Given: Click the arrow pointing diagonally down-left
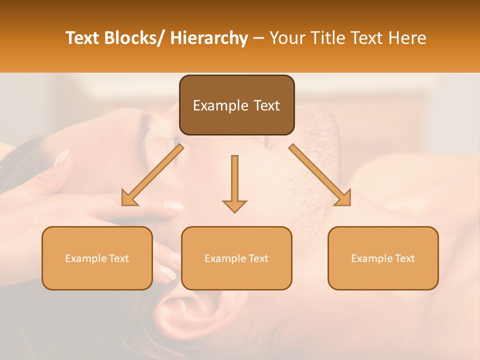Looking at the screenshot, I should pyautogui.click(x=152, y=175).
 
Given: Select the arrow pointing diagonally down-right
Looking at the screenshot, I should pyautogui.click(x=320, y=175).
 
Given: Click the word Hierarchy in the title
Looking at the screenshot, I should pyautogui.click(x=209, y=38).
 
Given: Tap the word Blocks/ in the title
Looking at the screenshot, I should pyautogui.click(x=135, y=38).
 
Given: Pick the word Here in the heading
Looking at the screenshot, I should pyautogui.click(x=408, y=38).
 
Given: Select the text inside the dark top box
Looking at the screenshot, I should pyautogui.click(x=236, y=105).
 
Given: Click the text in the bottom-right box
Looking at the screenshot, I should pyautogui.click(x=383, y=258).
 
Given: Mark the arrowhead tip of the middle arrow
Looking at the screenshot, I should pyautogui.click(x=234, y=212).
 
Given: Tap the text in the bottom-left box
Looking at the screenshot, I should pyautogui.click(x=97, y=258).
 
